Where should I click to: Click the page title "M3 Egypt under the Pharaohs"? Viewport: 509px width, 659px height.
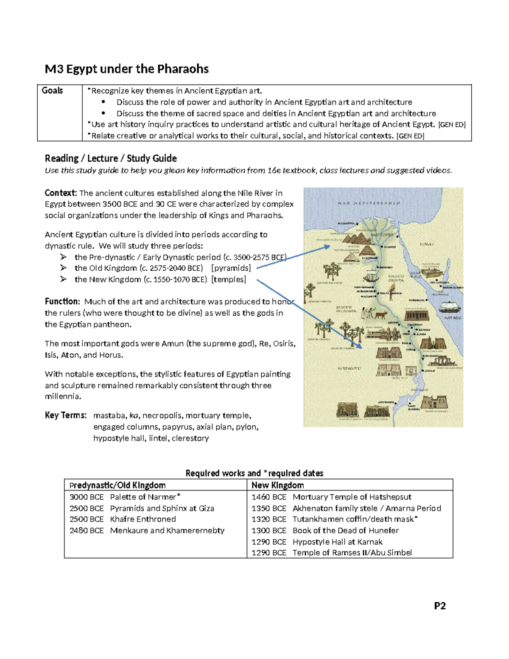127,69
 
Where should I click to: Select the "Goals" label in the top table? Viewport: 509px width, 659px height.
52,90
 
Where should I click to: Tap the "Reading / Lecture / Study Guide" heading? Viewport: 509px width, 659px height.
111,158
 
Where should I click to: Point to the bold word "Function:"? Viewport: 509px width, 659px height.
62,302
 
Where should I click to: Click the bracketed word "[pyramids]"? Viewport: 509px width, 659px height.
231,268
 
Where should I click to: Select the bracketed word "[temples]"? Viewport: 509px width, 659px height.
229,280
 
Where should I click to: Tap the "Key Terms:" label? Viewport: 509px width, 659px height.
66,415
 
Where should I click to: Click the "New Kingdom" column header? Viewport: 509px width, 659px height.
278,485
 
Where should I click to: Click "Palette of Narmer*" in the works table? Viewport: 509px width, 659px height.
145,497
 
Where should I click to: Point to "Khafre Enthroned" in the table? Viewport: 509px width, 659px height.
143,519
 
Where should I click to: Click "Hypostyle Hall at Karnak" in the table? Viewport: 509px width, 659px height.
337,542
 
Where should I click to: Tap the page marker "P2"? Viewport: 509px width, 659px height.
440,606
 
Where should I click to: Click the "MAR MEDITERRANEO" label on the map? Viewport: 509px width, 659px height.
369,203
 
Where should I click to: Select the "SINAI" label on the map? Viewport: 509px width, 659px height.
426,244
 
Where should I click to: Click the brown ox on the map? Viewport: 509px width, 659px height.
380,314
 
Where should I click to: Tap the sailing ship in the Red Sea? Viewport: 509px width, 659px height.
451,307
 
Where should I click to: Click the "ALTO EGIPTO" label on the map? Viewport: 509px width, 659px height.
349,368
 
